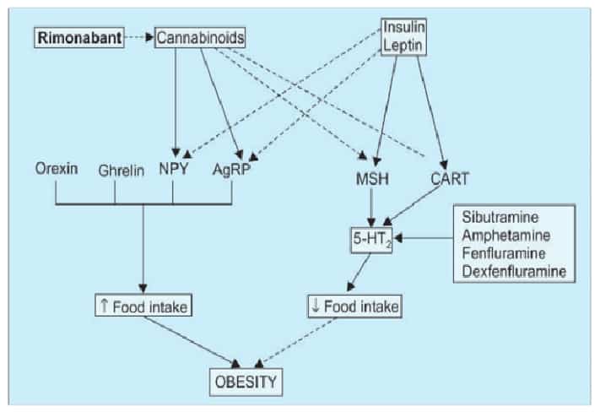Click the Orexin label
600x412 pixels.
pos(57,168)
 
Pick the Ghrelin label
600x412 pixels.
pos(116,169)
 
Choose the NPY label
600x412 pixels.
pos(173,169)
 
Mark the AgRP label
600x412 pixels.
pos(232,169)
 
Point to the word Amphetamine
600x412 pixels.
pos(506,236)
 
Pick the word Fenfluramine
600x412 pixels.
pos(505,253)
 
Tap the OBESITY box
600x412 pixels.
pos(245,382)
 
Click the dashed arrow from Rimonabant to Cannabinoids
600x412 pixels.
pos(138,39)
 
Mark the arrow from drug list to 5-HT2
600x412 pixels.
pos(426,240)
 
